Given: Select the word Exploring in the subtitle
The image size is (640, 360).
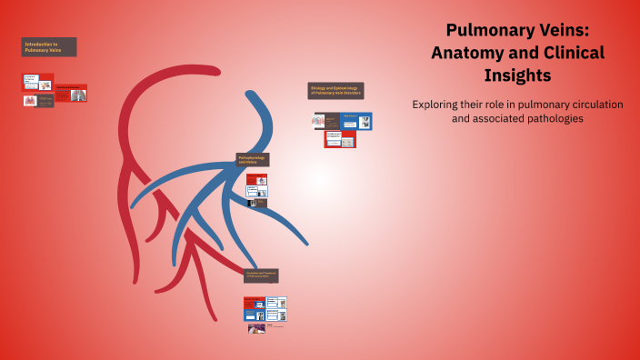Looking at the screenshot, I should coord(437,105).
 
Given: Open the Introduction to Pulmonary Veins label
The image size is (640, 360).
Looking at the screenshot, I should coord(48,46).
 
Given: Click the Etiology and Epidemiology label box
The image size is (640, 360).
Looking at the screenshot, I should coord(335,91).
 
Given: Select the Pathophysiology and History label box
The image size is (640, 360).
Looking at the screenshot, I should coord(253,159).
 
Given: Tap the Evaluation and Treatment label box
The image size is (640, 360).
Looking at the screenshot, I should coord(260,275).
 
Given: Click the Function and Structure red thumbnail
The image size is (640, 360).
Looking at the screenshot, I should coord(71,93).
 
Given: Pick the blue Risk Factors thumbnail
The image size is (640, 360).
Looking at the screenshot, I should coord(357,121).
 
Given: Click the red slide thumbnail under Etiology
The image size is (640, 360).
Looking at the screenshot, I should coord(340,139).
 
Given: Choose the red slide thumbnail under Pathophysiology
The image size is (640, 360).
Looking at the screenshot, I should coord(256,180).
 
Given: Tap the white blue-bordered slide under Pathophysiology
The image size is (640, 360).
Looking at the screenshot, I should coord(256,192).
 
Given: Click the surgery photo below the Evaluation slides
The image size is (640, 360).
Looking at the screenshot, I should coord(256,328).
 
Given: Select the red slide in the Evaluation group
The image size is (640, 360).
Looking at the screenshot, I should coord(254,302).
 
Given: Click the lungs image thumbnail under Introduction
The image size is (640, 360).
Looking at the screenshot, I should coord(30,101).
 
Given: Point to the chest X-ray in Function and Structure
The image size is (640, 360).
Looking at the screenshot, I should coord(79,95).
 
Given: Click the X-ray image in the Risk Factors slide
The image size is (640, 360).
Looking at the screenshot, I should coord(365,122).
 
